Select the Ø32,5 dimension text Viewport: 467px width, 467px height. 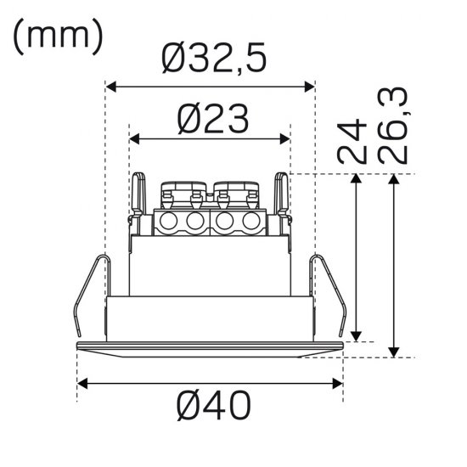(213, 58)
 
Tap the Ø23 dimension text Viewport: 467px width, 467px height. (213, 120)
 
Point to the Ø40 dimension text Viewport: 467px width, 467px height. (213, 408)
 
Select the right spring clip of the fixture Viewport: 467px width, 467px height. (331, 293)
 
